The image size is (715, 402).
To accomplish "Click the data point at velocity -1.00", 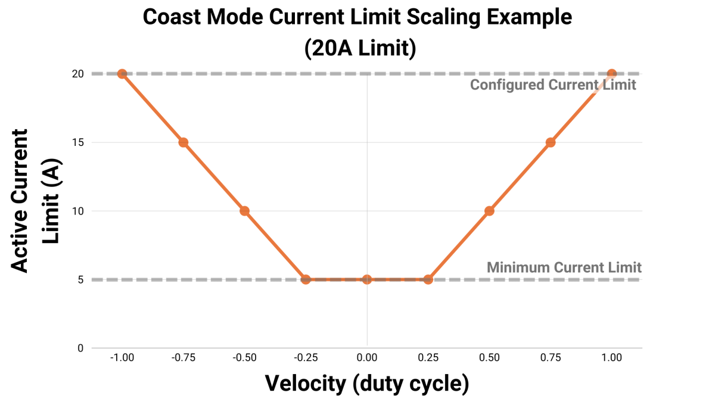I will [122, 74].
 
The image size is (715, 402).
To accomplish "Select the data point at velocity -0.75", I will [184, 142].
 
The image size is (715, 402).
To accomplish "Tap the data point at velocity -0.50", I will [244, 211].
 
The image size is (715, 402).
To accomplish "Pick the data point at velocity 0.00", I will [367, 279].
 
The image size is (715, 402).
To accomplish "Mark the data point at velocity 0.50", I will [489, 211].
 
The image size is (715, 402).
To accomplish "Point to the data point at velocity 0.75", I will [551, 142].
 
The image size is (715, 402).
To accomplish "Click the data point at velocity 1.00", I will [611, 74].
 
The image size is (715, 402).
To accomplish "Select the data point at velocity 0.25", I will [428, 279].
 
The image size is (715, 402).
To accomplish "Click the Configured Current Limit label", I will [553, 85].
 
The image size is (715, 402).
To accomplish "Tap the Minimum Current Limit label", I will [564, 267].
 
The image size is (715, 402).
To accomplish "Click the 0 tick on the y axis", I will [80, 348].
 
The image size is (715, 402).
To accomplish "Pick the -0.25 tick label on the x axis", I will [305, 358].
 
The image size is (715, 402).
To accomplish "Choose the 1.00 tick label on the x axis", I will [611, 358].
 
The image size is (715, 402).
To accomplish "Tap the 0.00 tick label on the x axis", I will [367, 358].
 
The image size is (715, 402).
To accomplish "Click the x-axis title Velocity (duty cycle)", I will [366, 383].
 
